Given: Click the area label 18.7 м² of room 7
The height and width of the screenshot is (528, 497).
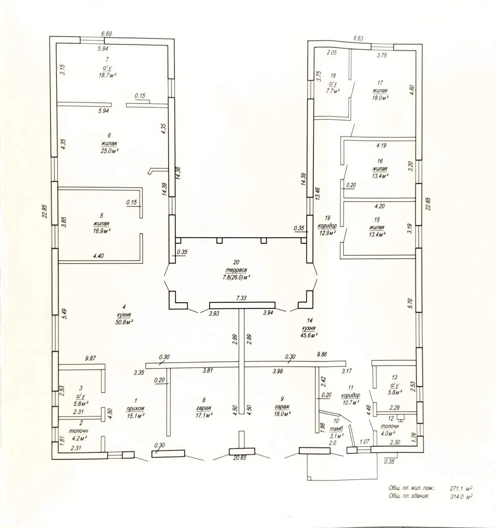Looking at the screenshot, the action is coord(108,75).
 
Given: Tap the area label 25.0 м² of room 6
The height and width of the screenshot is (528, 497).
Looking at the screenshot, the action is coord(110,150).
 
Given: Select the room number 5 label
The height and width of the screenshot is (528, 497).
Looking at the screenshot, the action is coord(101,215).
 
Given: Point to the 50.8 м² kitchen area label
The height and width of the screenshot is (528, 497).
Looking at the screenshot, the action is coord(124,322).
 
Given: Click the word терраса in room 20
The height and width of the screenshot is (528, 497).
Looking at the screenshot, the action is coord(236,270).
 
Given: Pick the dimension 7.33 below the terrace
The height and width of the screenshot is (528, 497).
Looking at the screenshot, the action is coord(241,298).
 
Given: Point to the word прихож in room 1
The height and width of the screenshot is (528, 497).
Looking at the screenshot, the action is coord(136,409).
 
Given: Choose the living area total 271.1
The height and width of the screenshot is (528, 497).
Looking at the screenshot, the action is coord(457,488).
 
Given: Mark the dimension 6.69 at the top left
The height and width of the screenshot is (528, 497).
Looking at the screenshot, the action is coord(107,34).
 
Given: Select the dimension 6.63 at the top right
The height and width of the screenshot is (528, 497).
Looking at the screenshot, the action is coord(358,38).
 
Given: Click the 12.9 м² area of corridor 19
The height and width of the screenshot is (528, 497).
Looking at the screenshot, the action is coord(327,233).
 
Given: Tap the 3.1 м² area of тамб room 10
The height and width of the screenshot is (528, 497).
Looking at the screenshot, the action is coord(337,435).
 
